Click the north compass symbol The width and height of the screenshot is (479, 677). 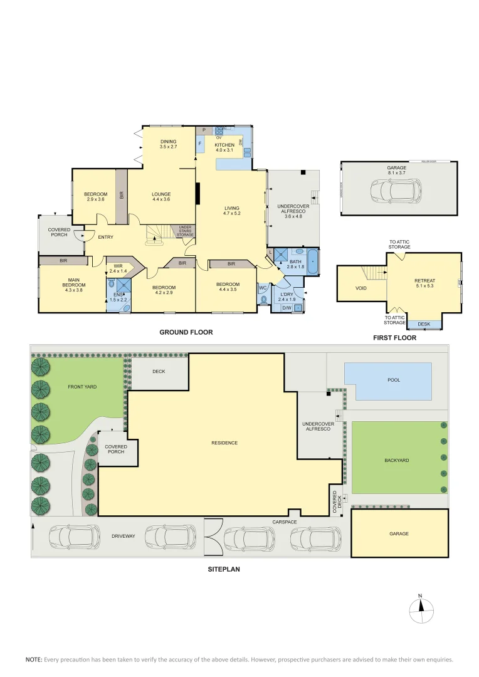pos(421,607)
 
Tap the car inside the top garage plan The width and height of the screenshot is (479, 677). pos(396,191)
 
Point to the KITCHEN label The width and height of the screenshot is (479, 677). pos(224,145)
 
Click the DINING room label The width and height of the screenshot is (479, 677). pos(168,142)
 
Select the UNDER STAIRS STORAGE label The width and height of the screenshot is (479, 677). pos(185,230)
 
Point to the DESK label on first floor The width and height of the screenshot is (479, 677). pos(424,324)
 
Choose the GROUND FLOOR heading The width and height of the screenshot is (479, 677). pos(186,333)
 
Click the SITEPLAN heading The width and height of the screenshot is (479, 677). pos(224,570)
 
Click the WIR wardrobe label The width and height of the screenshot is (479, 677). pos(118,266)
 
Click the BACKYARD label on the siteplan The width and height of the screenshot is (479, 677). pos(396,460)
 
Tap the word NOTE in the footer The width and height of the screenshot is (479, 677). pos(33,659)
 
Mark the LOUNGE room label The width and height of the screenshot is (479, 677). pos(161,194)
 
